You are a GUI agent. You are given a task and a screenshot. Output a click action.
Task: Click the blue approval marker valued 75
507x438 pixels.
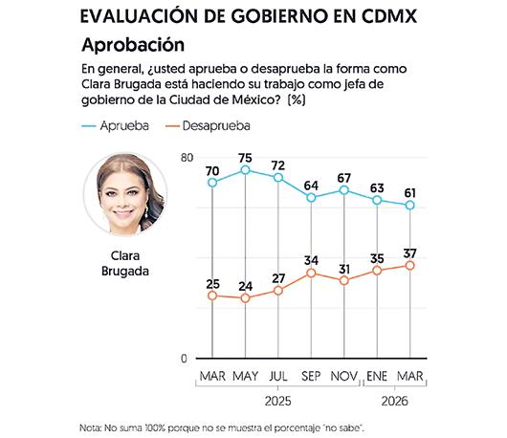pyautogui.click(x=246, y=170)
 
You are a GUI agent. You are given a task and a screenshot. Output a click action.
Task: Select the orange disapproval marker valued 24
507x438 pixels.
pyautogui.click(x=246, y=297)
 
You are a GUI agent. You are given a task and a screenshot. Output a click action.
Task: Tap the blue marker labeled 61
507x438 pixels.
pyautogui.click(x=410, y=205)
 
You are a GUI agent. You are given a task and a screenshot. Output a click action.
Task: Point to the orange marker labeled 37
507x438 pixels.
pyautogui.click(x=410, y=266)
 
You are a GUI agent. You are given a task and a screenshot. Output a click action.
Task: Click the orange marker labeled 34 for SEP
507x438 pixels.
pyautogui.click(x=311, y=274)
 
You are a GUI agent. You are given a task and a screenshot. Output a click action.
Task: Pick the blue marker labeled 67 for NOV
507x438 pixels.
pyautogui.click(x=344, y=190)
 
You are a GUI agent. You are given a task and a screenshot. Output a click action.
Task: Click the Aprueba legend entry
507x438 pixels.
pyautogui.click(x=115, y=125)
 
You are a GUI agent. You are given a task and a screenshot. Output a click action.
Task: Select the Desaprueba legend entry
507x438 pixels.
pyautogui.click(x=208, y=125)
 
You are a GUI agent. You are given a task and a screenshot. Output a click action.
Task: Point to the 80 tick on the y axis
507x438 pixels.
pyautogui.click(x=187, y=158)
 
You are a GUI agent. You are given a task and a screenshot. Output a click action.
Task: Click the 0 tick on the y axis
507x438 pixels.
pyautogui.click(x=184, y=359)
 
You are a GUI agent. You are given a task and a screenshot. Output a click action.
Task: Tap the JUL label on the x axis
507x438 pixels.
pyautogui.click(x=278, y=376)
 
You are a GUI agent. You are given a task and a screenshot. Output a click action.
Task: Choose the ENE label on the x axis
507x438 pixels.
pyautogui.click(x=377, y=376)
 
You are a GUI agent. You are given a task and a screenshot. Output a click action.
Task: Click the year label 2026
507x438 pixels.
pyautogui.click(x=394, y=402)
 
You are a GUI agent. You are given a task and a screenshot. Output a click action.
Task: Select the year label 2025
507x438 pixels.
pyautogui.click(x=278, y=402)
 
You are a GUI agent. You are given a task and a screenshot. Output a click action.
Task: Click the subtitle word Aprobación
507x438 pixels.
pyautogui.click(x=133, y=45)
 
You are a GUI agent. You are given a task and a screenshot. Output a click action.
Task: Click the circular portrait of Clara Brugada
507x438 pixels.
pyautogui.click(x=125, y=194)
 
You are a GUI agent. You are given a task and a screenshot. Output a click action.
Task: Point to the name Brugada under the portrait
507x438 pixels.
pyautogui.click(x=125, y=271)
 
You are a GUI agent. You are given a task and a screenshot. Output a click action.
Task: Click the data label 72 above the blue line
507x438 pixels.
pyautogui.click(x=278, y=165)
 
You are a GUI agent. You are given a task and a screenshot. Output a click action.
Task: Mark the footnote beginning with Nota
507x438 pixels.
pyautogui.click(x=222, y=428)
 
